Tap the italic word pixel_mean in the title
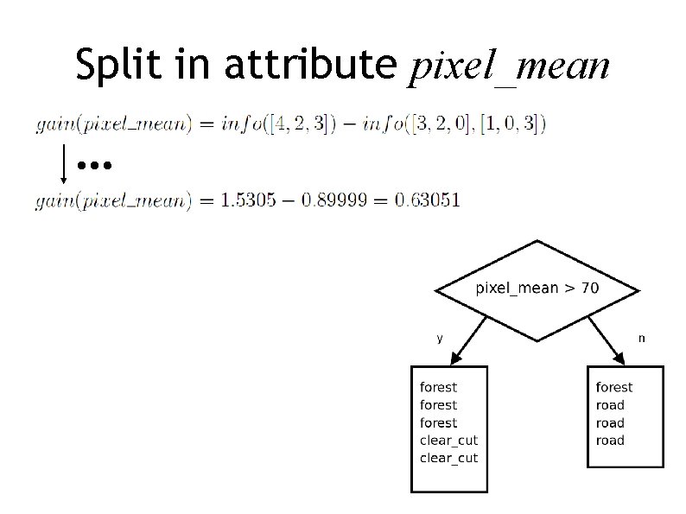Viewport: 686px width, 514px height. (x=509, y=66)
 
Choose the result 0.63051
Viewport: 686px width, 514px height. (x=427, y=200)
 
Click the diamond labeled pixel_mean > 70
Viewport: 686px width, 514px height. (x=537, y=289)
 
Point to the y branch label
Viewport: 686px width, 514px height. (x=440, y=339)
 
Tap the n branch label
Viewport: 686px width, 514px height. (x=640, y=339)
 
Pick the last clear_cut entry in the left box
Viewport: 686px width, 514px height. (x=448, y=458)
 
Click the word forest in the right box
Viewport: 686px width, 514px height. (x=613, y=388)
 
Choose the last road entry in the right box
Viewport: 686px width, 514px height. (x=610, y=441)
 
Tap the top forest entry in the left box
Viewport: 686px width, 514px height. (x=438, y=388)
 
